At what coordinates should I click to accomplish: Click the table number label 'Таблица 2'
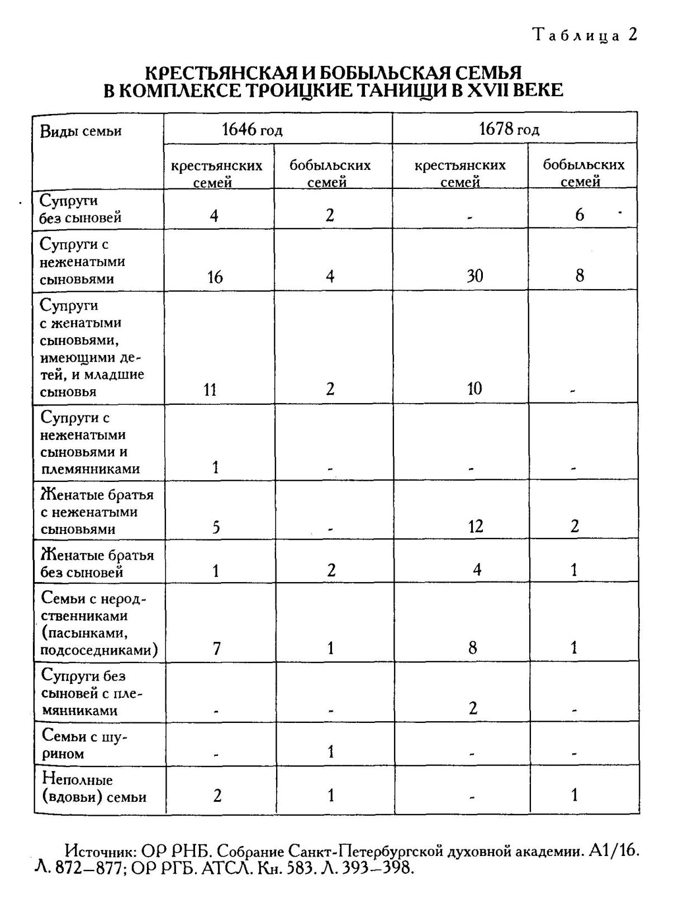[x=585, y=35]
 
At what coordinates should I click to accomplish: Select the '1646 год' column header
[x=252, y=130]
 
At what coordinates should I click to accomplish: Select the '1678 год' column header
[x=509, y=130]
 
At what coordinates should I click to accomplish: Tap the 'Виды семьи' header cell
[x=80, y=132]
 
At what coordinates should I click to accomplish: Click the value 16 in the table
[x=215, y=277]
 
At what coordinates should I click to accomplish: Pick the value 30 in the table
[x=474, y=276]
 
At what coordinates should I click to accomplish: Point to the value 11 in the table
[x=210, y=390]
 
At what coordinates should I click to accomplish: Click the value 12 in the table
[x=476, y=526]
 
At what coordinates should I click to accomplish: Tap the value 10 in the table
[x=474, y=389]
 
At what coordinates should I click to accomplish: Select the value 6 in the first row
[x=580, y=215]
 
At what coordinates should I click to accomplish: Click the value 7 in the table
[x=217, y=649]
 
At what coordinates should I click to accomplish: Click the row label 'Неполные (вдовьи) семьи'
[x=93, y=788]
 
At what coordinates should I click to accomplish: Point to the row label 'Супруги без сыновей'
[x=80, y=209]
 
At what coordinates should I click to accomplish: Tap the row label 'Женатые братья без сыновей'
[x=97, y=564]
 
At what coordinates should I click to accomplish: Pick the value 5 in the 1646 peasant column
[x=216, y=527]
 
